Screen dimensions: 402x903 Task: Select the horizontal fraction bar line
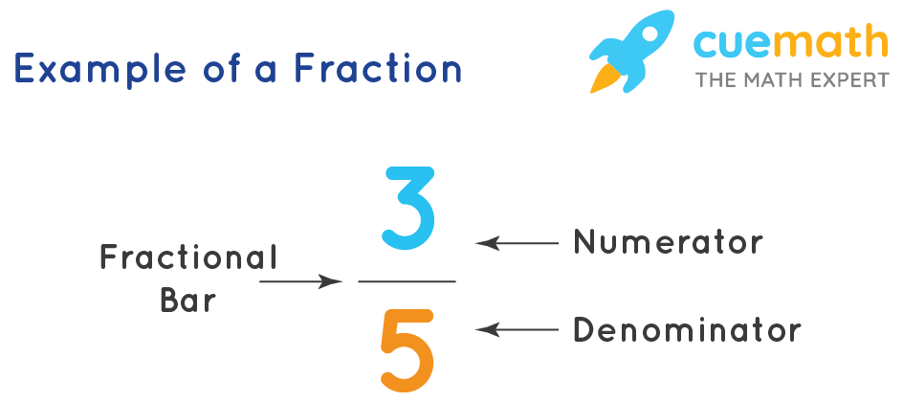(x=407, y=281)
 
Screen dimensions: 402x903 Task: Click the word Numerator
(x=668, y=243)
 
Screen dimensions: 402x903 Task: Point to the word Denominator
(x=686, y=331)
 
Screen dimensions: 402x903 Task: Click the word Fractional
(x=188, y=257)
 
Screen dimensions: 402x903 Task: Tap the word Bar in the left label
(x=188, y=301)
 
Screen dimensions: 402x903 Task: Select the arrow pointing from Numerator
(x=517, y=243)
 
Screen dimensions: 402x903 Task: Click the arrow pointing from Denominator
(x=517, y=330)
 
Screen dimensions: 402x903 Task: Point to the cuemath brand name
(x=792, y=44)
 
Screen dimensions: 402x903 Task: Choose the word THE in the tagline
(x=714, y=79)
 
